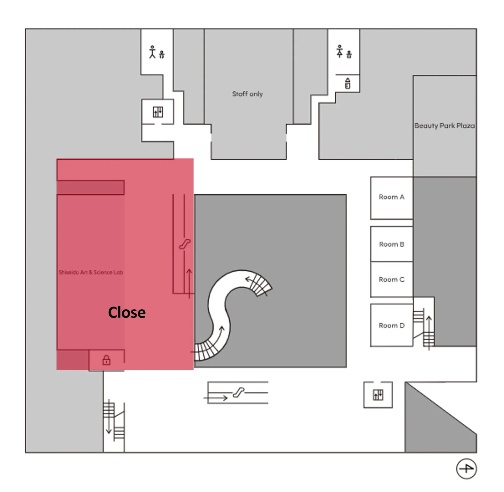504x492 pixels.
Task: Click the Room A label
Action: point(391,197)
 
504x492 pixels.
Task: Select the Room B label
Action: point(391,244)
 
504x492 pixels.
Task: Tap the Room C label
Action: point(391,279)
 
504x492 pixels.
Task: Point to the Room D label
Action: point(391,326)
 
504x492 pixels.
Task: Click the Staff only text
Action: point(247,94)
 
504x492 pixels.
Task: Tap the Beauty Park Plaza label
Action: point(444,126)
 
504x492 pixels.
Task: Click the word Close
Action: point(127,312)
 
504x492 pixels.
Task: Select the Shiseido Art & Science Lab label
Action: point(91,272)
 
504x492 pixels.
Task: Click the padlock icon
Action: point(106,360)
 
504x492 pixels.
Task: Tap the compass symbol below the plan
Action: point(466,469)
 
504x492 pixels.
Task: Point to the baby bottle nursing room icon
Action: point(347,83)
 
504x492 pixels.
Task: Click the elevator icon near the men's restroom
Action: point(158,112)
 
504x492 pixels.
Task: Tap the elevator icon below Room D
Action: point(378,395)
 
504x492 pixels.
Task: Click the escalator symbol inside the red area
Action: point(184,244)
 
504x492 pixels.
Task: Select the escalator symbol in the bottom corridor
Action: point(238,393)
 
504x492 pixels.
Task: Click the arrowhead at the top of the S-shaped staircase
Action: point(248,279)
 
